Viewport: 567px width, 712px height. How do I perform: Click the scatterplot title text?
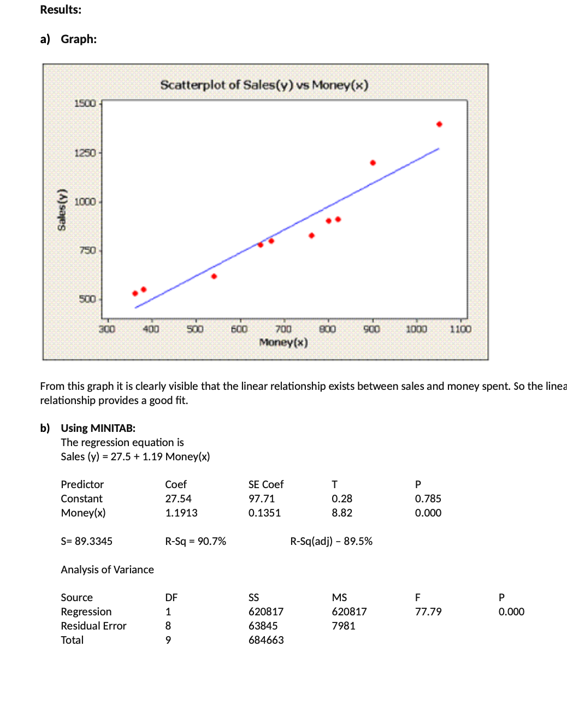264,85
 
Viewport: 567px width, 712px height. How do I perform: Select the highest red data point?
439,124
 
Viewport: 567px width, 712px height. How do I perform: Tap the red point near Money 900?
373,163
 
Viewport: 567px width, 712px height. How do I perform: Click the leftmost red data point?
135,293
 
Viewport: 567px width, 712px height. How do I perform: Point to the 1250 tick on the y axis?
85,153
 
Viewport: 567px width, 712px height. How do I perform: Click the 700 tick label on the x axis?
283,329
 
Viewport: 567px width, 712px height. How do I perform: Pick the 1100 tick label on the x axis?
460,329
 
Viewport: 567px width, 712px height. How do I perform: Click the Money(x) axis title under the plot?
283,342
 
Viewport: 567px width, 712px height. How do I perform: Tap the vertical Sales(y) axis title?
62,209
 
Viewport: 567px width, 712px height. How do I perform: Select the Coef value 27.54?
179,499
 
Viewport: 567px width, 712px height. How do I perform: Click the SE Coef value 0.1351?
264,513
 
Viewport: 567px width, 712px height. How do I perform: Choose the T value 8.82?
342,513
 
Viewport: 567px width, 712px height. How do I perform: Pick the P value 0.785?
428,499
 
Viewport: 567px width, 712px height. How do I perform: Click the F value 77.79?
428,612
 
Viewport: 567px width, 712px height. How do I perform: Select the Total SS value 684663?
266,640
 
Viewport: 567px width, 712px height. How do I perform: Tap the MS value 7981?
344,626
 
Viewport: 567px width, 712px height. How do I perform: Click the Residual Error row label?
93,626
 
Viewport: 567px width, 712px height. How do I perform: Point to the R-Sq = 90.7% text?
196,541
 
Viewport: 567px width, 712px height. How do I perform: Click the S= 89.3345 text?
86,541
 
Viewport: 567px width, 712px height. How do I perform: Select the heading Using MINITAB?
98,428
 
